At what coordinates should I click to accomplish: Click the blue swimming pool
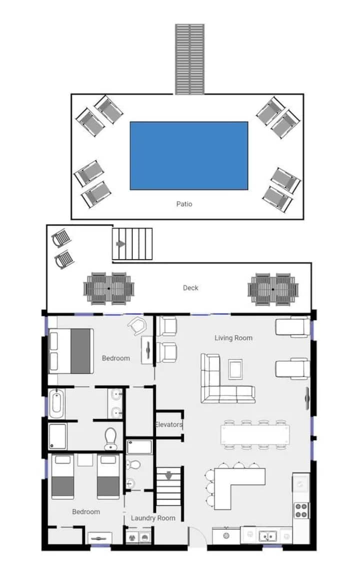tap(189, 156)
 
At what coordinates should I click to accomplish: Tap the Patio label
tap(184, 204)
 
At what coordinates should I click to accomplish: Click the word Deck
tap(190, 288)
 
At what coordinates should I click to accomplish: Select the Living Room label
tap(233, 338)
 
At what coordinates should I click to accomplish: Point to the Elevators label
tap(168, 425)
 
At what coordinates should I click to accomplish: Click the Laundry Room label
tap(153, 518)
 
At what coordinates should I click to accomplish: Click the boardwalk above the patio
tap(189, 59)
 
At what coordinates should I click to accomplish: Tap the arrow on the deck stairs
tap(120, 244)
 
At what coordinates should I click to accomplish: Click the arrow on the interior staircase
tap(168, 476)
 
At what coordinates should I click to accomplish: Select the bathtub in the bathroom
tap(57, 404)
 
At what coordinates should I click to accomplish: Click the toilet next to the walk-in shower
tap(110, 439)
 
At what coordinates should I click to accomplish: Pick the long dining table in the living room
tap(255, 434)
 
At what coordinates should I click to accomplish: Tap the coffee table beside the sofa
tap(235, 369)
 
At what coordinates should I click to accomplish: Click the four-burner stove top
tap(301, 511)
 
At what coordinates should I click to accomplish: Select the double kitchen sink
tap(267, 536)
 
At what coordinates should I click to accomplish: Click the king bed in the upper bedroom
tap(71, 351)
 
